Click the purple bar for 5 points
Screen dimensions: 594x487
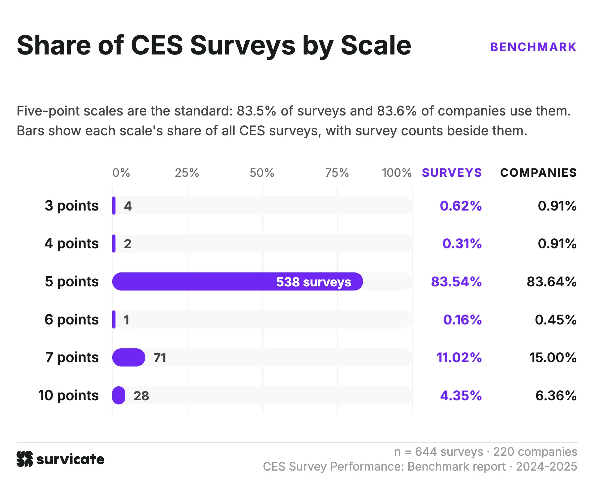point(237,281)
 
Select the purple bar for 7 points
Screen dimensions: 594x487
point(129,357)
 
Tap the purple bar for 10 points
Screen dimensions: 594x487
point(119,395)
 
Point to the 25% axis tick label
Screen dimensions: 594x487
point(187,173)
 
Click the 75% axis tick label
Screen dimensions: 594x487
point(337,173)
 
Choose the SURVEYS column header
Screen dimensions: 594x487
point(452,173)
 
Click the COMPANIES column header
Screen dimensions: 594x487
point(538,173)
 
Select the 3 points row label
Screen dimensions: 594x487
point(72,206)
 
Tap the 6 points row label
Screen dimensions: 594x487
point(72,320)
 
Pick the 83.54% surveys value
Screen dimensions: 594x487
point(456,282)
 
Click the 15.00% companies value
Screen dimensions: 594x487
point(553,358)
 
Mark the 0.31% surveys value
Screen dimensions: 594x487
point(462,244)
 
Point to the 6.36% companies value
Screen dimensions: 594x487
point(556,396)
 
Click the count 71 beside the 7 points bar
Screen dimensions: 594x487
point(160,358)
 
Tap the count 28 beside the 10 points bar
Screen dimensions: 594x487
point(141,396)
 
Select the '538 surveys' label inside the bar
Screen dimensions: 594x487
point(314,282)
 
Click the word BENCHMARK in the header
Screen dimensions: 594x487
point(533,47)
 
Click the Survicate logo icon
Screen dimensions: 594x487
point(25,459)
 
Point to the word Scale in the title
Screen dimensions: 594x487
point(376,45)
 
